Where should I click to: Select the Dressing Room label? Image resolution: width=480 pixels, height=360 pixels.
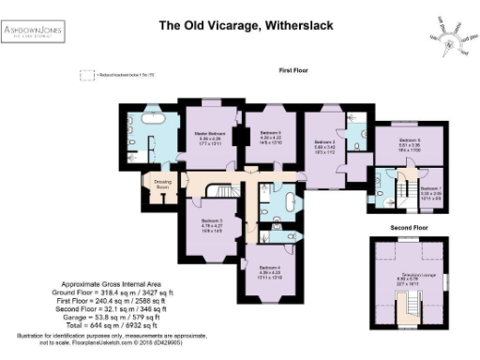(162, 185)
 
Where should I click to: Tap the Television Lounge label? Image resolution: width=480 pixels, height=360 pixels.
(408, 277)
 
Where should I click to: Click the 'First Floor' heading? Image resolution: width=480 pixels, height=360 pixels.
(294, 70)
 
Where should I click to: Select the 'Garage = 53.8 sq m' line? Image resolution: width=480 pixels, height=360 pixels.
(103, 312)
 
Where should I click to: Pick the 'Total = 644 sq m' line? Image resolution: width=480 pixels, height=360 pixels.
(103, 320)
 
